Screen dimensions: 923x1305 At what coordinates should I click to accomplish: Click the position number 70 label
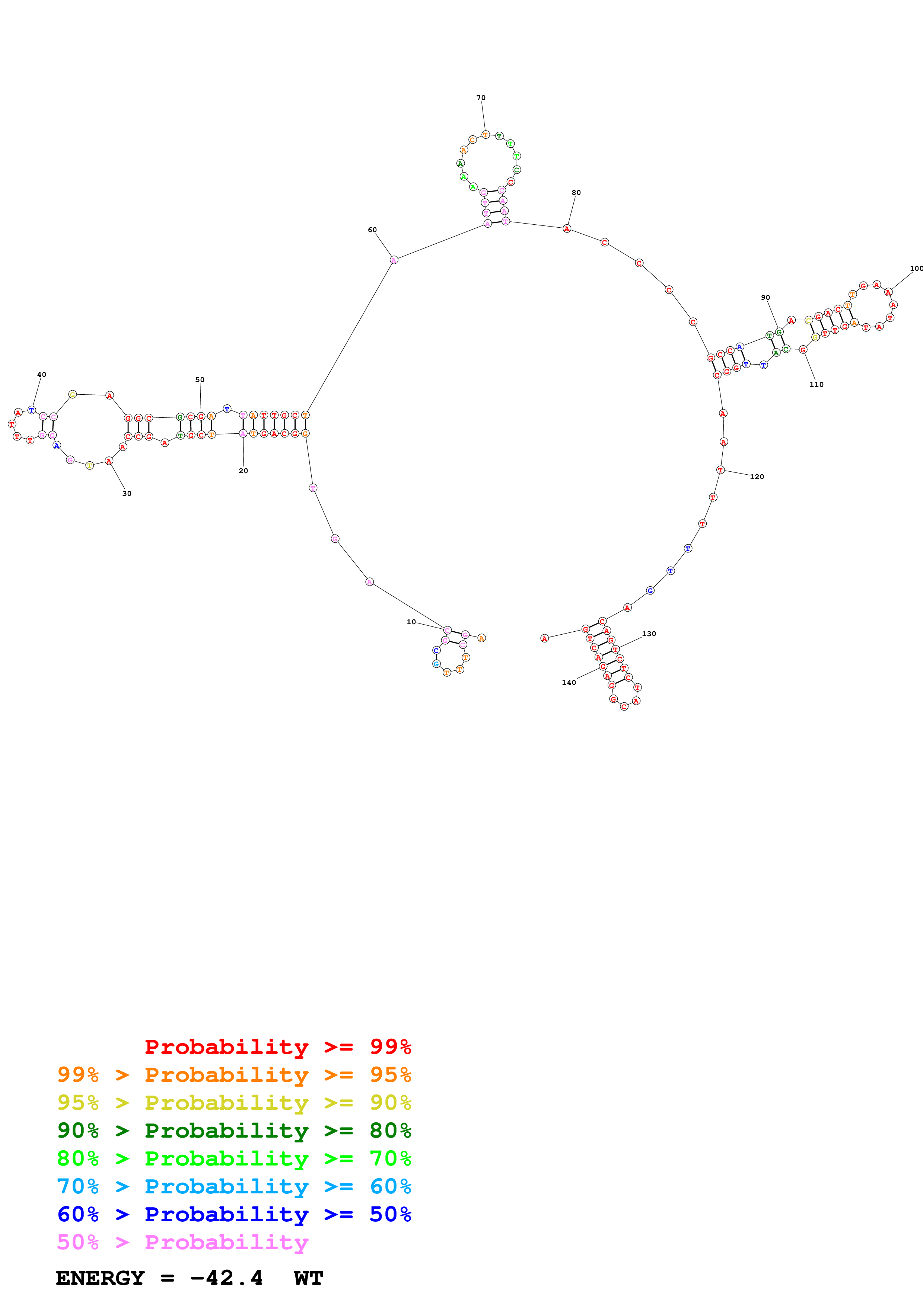pos(481,98)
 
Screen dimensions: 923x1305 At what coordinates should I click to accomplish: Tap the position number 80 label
pos(576,193)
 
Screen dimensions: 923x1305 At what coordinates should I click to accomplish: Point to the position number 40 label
pos(42,375)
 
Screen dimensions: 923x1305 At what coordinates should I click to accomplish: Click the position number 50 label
pos(200,380)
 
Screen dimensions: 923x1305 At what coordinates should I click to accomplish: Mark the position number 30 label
pos(127,493)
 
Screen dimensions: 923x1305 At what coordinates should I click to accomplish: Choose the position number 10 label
pos(411,622)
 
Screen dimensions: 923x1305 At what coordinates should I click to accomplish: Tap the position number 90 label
pos(766,297)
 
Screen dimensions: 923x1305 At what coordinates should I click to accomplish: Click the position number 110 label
pos(816,385)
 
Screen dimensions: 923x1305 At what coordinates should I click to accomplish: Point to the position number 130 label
pos(649,634)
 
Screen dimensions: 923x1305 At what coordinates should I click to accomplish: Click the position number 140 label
pos(569,683)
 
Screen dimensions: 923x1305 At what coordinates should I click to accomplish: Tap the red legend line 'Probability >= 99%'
pos(277,1046)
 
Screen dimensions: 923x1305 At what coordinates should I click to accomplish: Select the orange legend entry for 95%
pos(234,1075)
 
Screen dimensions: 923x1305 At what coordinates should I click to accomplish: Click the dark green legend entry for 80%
pos(234,1131)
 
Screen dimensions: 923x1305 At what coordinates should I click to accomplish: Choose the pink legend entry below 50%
pos(182,1242)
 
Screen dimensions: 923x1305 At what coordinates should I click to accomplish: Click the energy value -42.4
pos(226,1278)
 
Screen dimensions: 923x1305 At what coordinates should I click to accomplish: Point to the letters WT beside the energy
pos(308,1278)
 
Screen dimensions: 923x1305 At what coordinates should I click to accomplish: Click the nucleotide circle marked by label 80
pos(566,228)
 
